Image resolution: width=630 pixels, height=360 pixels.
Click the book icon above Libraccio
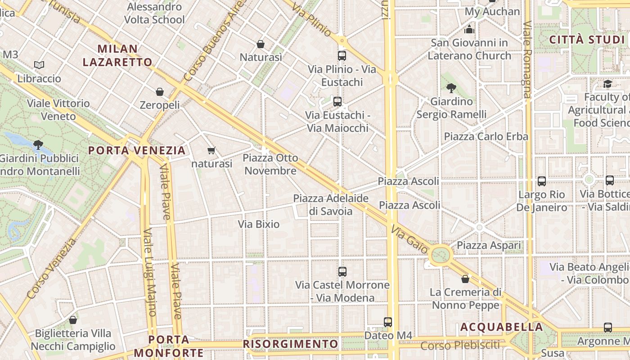(x=39, y=65)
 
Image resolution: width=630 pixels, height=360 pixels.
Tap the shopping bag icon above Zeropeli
(x=159, y=92)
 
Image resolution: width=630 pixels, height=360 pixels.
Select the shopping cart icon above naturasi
(x=211, y=150)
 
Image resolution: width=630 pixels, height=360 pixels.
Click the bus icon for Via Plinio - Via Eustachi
(x=342, y=56)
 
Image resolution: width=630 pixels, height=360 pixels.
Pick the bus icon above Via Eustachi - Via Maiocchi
(x=337, y=102)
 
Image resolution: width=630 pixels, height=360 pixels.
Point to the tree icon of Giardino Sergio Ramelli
(x=451, y=88)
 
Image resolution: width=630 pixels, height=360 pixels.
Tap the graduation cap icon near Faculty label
(x=607, y=84)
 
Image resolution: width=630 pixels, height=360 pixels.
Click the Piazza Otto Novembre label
(x=270, y=164)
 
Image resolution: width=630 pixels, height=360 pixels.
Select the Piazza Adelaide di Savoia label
(x=331, y=204)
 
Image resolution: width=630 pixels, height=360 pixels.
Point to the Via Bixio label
(x=259, y=224)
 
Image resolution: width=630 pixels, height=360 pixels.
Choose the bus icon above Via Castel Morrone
(x=342, y=272)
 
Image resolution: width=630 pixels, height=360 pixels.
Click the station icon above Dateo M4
(x=388, y=322)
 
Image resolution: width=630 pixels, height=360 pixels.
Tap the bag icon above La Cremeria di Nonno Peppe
(x=465, y=279)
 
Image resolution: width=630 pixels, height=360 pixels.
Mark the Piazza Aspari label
(x=489, y=245)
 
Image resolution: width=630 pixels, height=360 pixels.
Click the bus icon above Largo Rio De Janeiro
(x=542, y=181)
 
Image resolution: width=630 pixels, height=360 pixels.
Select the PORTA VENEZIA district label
(x=137, y=150)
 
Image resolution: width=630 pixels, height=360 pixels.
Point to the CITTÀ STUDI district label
(x=587, y=40)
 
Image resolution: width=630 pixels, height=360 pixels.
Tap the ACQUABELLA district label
(x=501, y=327)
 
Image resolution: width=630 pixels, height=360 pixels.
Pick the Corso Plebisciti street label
(x=460, y=346)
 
